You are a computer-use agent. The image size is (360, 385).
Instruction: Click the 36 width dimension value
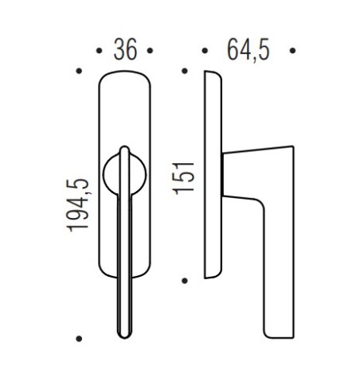click(x=125, y=50)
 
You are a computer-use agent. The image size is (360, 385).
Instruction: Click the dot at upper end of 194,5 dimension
click(x=79, y=72)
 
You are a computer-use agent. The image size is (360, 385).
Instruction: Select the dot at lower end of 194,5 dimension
click(x=79, y=338)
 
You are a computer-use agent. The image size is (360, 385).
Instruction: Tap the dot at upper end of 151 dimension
click(x=185, y=72)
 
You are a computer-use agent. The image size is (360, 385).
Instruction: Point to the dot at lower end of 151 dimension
click(x=185, y=280)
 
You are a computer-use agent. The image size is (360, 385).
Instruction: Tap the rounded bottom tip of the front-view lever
click(x=125, y=332)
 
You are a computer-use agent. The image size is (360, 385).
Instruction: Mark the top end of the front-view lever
click(x=124, y=150)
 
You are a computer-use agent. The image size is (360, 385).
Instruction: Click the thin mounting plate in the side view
click(x=213, y=175)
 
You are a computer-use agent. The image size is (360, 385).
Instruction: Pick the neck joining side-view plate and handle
click(x=229, y=175)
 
